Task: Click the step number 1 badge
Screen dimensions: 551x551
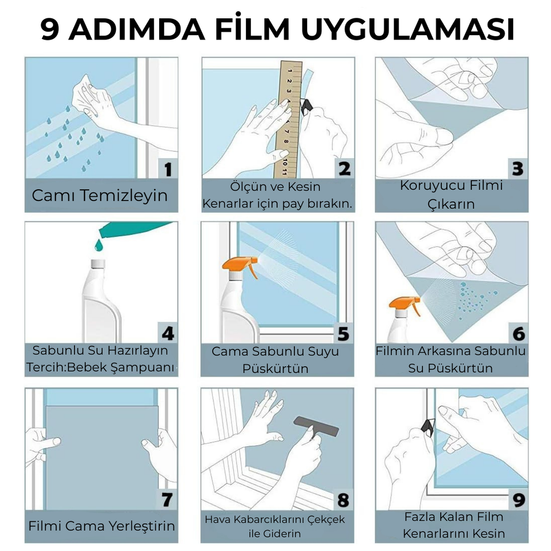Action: pyautogui.click(x=168, y=169)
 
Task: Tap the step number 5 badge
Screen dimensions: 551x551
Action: pyautogui.click(x=343, y=333)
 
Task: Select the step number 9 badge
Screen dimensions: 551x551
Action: pyautogui.click(x=518, y=499)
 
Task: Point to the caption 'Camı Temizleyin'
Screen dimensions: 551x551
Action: pyautogui.click(x=100, y=195)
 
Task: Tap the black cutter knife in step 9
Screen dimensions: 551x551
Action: pyautogui.click(x=429, y=427)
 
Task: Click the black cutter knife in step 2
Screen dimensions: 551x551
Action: pyautogui.click(x=306, y=106)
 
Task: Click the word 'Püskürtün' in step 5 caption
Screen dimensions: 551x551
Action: pyautogui.click(x=275, y=368)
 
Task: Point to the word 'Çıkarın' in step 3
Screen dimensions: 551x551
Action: pyautogui.click(x=451, y=204)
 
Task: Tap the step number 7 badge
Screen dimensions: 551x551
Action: pyautogui.click(x=168, y=499)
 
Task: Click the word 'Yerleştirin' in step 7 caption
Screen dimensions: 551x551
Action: pyautogui.click(x=142, y=526)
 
